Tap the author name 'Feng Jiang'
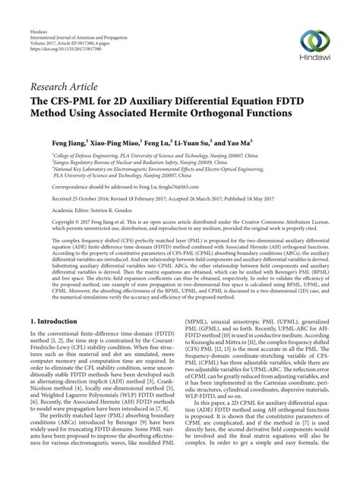pos(67,141)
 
